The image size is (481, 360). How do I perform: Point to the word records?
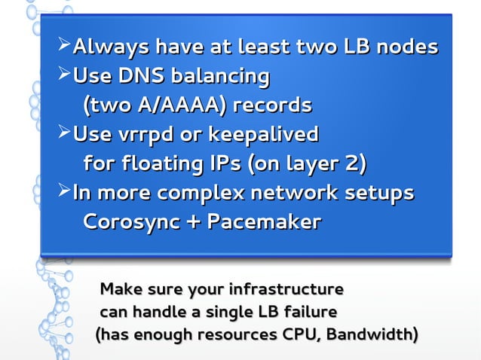(x=274, y=105)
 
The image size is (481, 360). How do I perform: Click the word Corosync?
(x=134, y=222)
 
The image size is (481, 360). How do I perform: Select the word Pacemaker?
(x=264, y=222)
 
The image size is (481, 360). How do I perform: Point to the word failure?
(x=311, y=311)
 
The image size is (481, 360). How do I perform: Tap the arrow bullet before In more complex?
(x=63, y=192)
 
